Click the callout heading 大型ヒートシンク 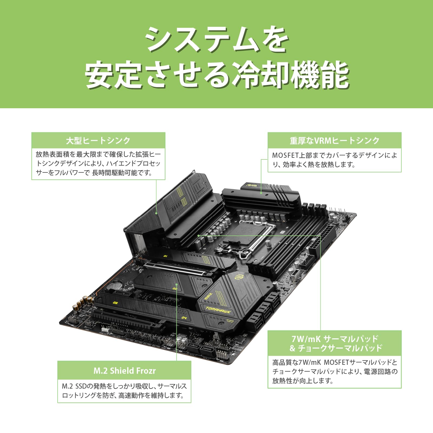(x=98, y=140)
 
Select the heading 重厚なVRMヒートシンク (x=334, y=140)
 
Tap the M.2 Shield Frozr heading (x=124, y=370)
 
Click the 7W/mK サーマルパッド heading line (x=334, y=339)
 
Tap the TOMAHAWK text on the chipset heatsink (x=218, y=310)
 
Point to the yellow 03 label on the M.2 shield (x=115, y=303)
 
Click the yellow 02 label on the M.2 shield (x=175, y=289)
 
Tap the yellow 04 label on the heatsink (x=184, y=318)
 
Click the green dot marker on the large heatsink (x=156, y=213)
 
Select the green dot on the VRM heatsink (x=261, y=193)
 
